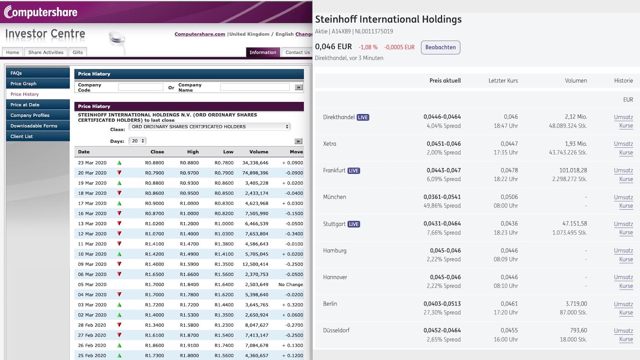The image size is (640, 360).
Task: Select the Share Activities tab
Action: [x=46, y=53]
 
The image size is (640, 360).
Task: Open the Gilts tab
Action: [x=78, y=53]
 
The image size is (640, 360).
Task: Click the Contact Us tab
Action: [x=297, y=53]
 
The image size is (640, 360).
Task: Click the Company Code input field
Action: [x=140, y=87]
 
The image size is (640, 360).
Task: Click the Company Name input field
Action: [x=255, y=87]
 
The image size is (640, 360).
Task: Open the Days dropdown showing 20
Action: [x=137, y=141]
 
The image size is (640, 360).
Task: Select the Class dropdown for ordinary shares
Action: [x=209, y=127]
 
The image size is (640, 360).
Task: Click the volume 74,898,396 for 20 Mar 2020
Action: [x=255, y=173]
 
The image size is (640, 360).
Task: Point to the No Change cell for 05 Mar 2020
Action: [x=290, y=285]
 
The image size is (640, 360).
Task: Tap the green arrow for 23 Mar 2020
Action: [x=119, y=163]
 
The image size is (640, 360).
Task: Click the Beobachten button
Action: [x=440, y=48]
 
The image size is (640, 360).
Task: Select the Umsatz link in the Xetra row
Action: [x=623, y=144]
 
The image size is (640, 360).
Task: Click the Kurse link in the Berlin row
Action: [x=626, y=313]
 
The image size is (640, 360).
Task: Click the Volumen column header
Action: [x=576, y=81]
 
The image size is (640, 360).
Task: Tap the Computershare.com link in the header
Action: [x=200, y=34]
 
